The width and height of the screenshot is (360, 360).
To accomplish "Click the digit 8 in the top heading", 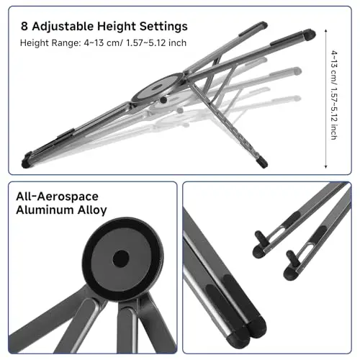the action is pos(24,26).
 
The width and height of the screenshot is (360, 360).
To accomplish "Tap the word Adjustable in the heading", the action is pos(63,27).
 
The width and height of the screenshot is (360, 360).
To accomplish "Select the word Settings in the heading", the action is pos(163,27).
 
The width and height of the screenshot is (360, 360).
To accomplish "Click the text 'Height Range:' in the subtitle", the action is pos(50,43).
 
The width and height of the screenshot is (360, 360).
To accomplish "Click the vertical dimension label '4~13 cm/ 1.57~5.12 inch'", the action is pos(334,95).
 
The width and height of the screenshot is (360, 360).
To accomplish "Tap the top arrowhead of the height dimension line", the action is pos(325,30).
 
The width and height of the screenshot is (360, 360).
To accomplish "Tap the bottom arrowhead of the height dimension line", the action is pos(325,166).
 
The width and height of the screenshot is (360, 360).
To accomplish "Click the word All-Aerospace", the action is pos(57,197).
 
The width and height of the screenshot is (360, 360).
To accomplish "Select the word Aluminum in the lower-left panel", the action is pos(45,210).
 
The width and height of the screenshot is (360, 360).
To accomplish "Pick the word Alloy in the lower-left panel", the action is pos(92,210).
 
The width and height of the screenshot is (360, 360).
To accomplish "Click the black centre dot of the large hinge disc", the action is pos(121,258).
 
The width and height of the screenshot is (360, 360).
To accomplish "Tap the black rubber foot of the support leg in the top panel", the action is pos(263,162).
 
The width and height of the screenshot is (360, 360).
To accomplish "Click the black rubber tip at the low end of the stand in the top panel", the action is pos(26,163).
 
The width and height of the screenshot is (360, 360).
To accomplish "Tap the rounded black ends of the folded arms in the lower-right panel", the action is pos(247,333).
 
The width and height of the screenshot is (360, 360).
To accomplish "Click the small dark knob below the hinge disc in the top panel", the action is pos(163,100).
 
